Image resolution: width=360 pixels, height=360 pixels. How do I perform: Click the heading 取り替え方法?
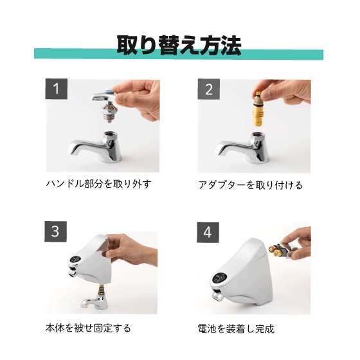click(179, 45)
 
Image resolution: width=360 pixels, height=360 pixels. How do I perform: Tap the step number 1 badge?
click(57, 89)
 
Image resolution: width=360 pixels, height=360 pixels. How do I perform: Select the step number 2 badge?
click(209, 89)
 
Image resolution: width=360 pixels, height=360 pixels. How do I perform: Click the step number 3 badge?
click(55, 231)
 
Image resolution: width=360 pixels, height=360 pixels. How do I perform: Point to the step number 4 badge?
click(208, 232)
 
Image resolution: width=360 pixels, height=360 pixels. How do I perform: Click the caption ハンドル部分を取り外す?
click(99, 184)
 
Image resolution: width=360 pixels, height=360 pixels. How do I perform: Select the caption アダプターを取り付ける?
click(251, 185)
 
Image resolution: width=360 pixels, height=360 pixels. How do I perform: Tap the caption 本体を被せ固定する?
click(88, 328)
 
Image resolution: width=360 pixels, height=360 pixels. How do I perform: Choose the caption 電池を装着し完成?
click(236, 328)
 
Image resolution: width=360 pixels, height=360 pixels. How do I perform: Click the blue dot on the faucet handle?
click(110, 93)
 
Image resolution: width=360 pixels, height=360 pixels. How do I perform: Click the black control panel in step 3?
click(75, 260)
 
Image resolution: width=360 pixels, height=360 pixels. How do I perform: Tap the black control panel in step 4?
click(219, 278)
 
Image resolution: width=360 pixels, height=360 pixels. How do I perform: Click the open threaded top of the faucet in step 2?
click(258, 135)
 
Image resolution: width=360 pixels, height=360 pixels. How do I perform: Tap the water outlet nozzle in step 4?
click(217, 297)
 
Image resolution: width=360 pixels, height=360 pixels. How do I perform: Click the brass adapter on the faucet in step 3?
click(101, 290)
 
